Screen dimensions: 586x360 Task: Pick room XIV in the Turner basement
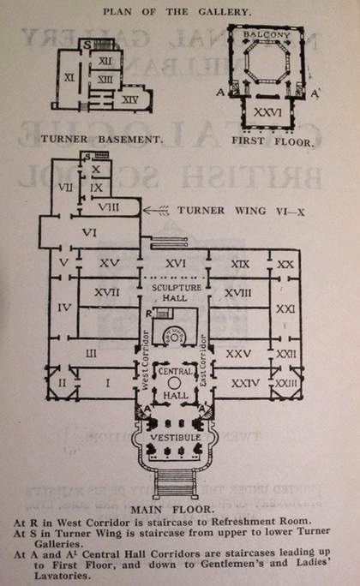coord(130,99)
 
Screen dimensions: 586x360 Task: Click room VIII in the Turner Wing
coord(107,207)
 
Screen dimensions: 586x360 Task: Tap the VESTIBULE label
coord(175,438)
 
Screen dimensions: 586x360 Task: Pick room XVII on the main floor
coord(106,293)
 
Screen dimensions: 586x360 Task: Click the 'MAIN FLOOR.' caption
coord(177,511)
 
